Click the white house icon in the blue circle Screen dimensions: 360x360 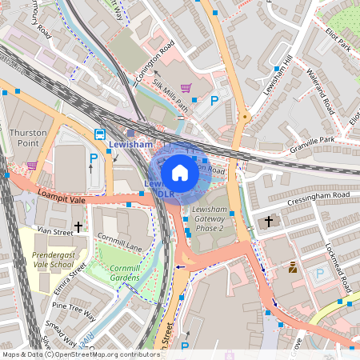pos(180,173)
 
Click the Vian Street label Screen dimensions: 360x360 pos(54,230)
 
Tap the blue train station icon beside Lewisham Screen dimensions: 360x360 pos(100,134)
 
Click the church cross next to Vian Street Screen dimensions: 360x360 pos(78,227)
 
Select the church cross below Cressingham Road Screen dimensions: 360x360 pos(269,220)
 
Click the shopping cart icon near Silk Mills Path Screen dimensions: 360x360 pos(186,88)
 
